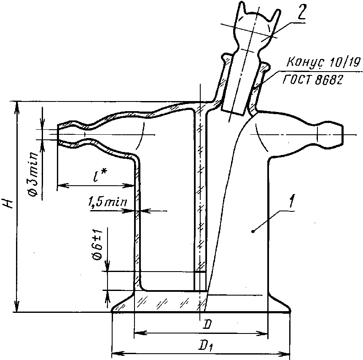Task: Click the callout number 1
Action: [292, 201]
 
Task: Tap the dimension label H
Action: [9, 203]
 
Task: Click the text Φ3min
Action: [33, 173]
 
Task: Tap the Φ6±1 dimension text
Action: [98, 245]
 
